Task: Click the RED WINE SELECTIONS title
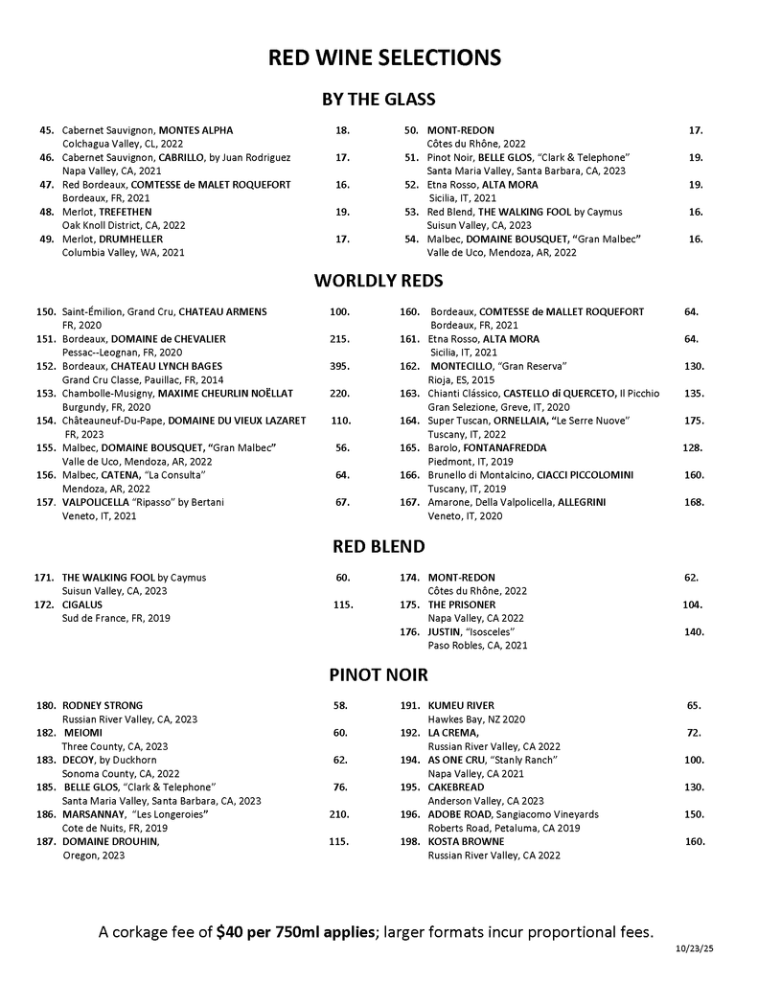(x=384, y=58)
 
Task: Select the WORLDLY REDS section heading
(x=379, y=281)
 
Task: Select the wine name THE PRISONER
(x=462, y=605)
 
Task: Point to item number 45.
(x=46, y=129)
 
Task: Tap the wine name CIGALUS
(x=83, y=605)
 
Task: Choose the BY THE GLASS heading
(x=379, y=100)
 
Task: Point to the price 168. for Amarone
(x=695, y=502)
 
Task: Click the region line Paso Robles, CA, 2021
(x=477, y=646)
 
